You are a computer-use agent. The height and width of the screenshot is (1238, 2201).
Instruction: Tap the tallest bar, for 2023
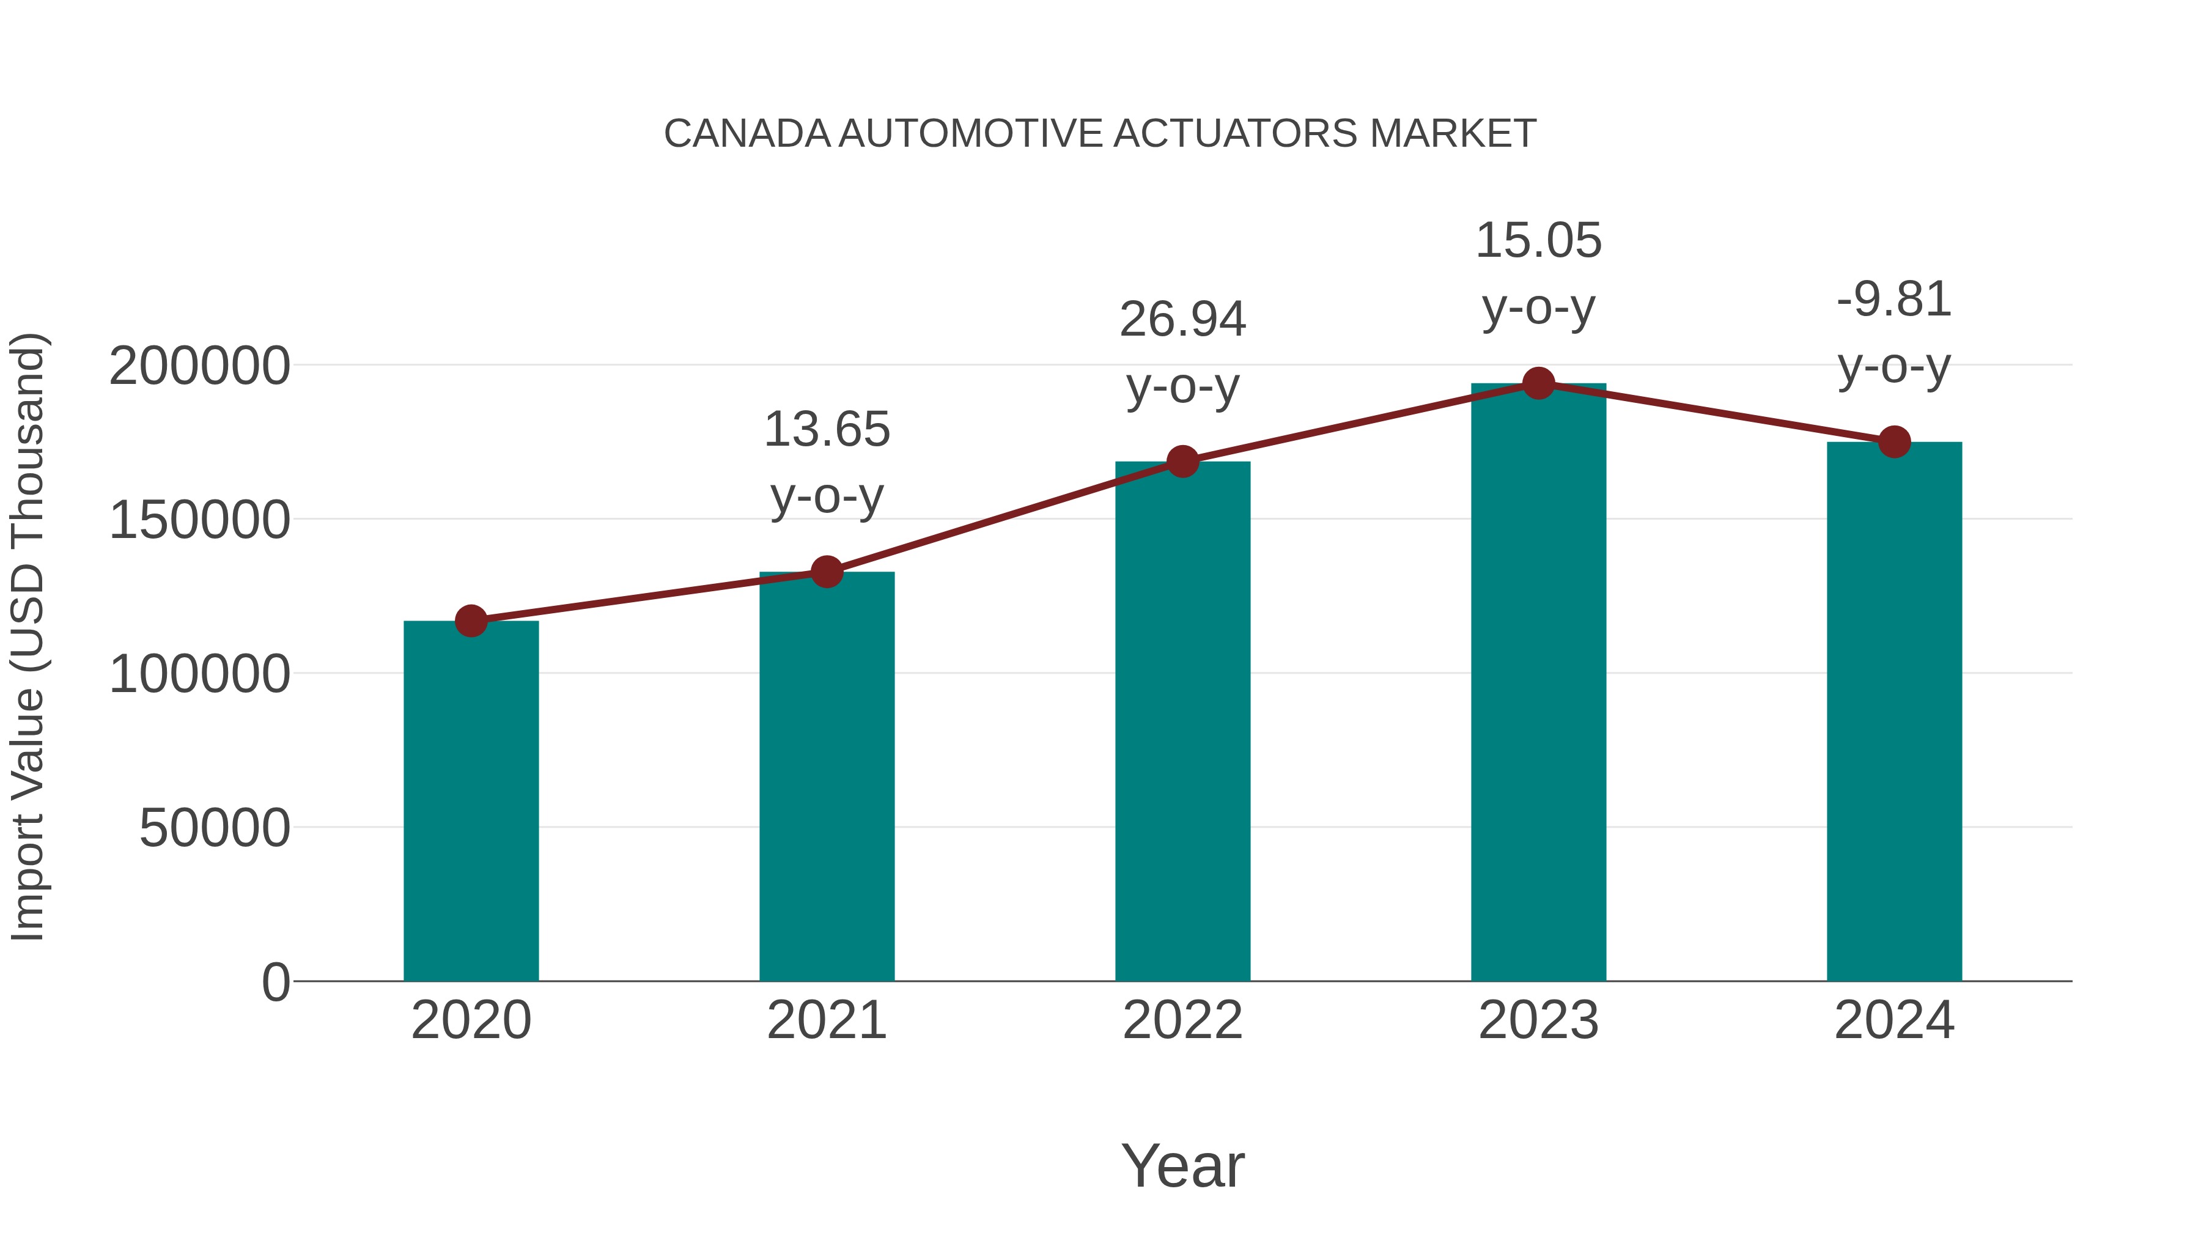pos(1538,683)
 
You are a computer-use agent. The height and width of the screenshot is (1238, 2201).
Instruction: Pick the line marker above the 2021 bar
pos(826,572)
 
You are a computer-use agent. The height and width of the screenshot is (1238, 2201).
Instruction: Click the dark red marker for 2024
pos(1894,442)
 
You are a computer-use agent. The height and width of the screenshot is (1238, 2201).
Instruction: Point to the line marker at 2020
pos(471,621)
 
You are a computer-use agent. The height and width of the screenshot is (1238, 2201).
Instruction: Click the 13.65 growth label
pos(826,429)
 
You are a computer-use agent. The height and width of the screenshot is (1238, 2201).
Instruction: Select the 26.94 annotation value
pos(1182,320)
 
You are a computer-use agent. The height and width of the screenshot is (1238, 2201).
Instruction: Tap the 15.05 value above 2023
pos(1538,240)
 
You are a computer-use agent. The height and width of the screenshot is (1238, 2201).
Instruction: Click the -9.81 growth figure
pos(1894,300)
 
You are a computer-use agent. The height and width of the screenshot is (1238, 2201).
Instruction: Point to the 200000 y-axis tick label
pos(200,367)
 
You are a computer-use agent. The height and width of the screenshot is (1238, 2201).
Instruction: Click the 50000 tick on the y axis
pos(215,829)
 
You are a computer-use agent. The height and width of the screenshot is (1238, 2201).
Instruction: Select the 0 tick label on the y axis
pos(276,982)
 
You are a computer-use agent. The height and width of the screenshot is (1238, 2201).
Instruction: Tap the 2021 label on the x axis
pos(826,1020)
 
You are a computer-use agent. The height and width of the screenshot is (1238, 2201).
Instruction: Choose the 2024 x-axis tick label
pos(1894,1020)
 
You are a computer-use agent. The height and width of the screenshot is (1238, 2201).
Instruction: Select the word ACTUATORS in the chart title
pos(1234,134)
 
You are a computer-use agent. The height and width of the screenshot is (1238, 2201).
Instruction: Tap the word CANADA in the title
pos(747,134)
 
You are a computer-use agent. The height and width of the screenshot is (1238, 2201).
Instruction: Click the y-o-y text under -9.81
pos(1894,367)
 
